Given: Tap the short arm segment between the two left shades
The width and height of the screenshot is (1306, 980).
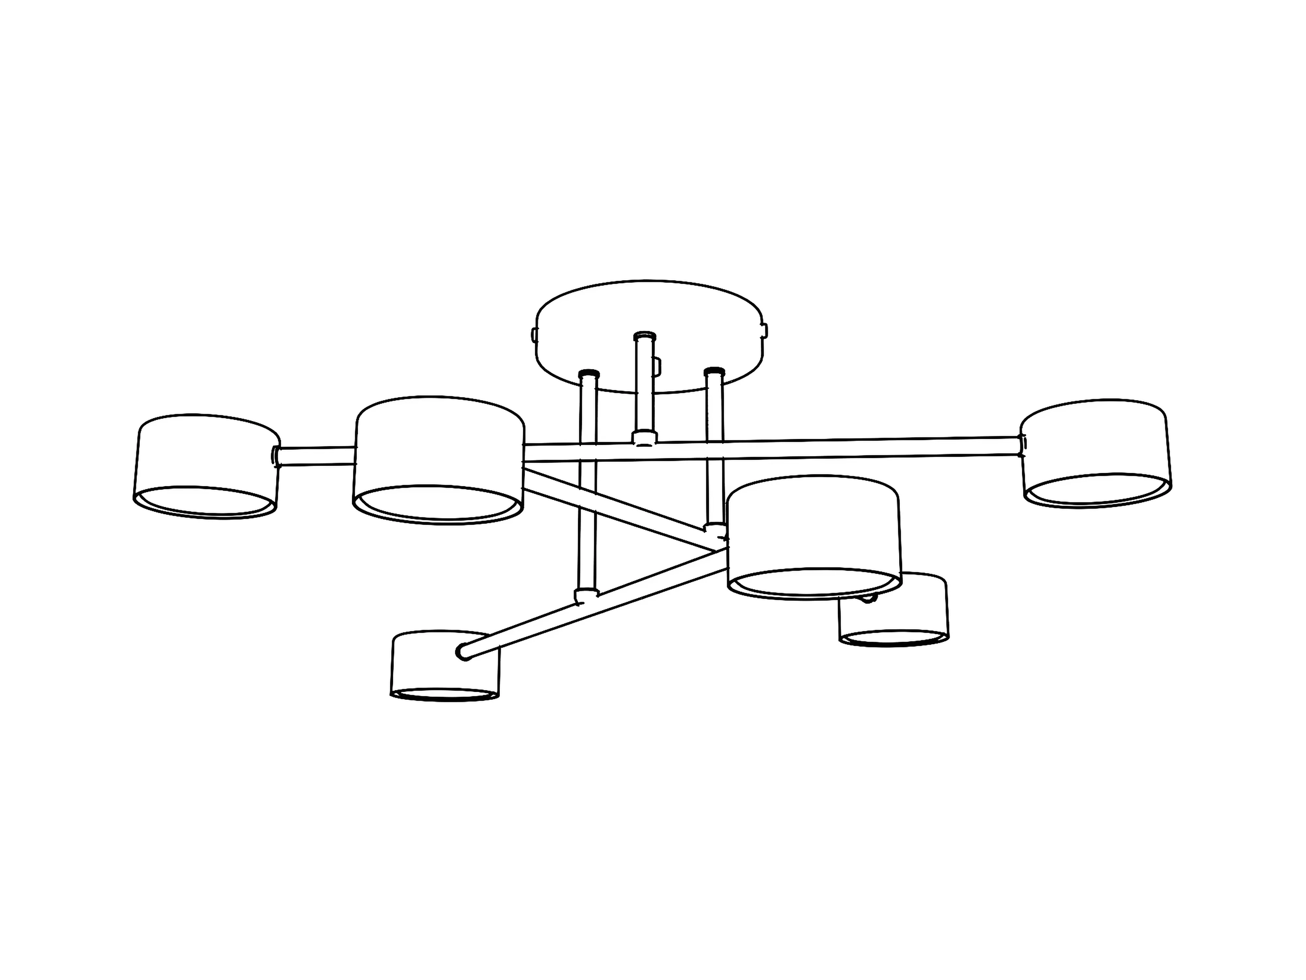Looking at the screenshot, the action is click(316, 456).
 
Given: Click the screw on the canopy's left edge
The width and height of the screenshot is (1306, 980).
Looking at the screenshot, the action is click(534, 335).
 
